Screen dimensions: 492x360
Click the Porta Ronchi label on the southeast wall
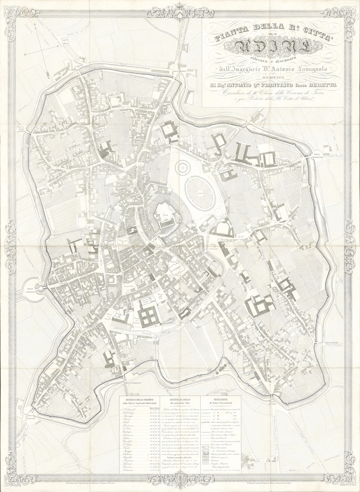pos(335,343)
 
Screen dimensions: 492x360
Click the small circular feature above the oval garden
pos(182,168)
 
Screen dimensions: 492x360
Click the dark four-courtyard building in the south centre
pos(148,317)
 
